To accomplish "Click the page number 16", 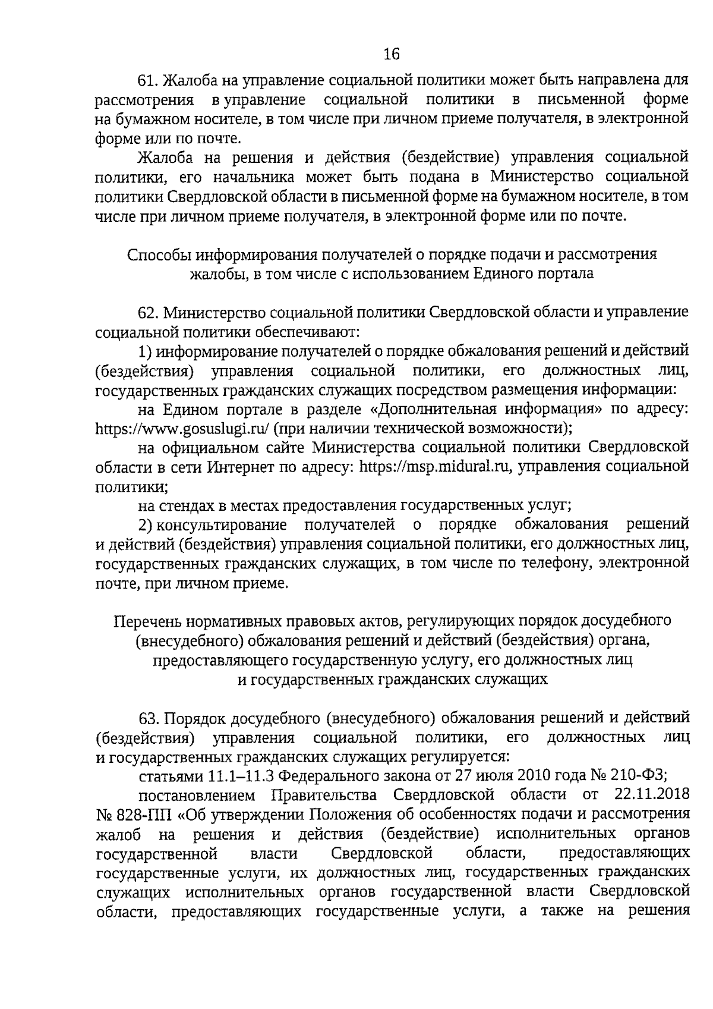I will [392, 55].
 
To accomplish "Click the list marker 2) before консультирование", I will [146, 525].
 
